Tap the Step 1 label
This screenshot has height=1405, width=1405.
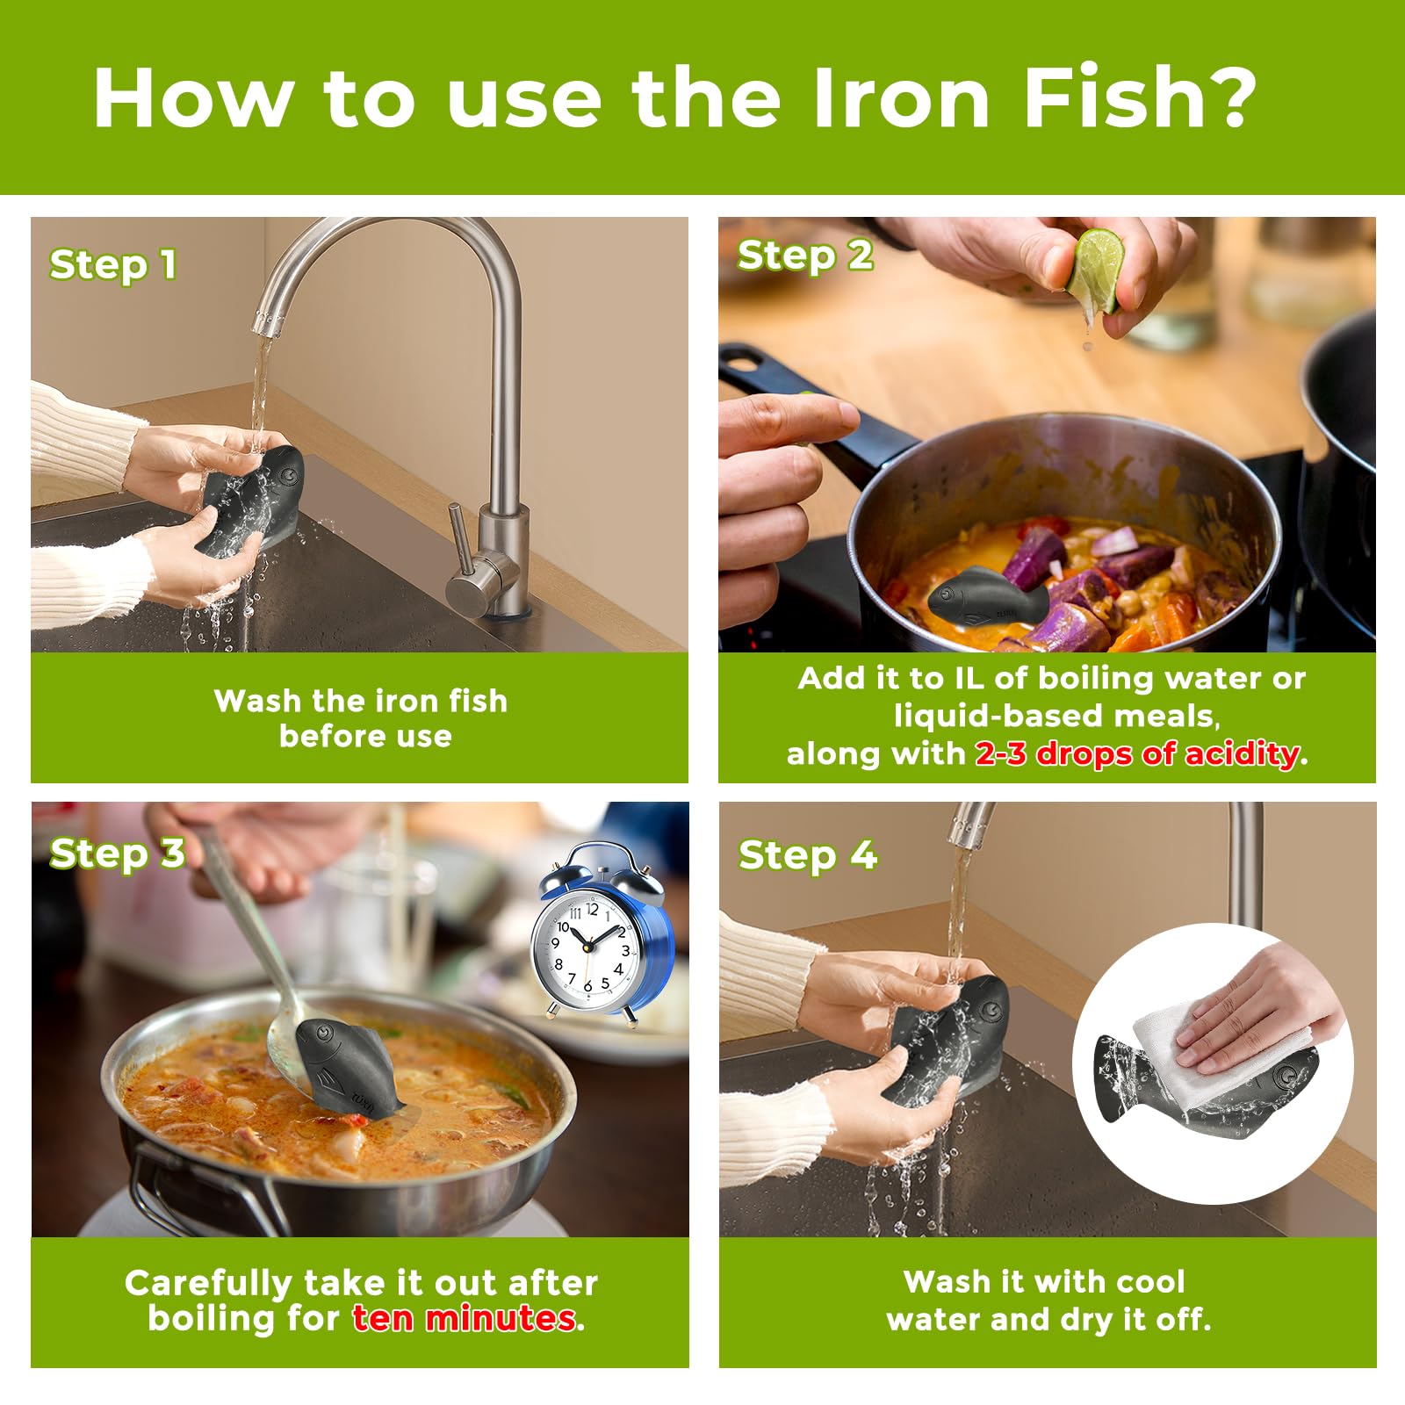pos(113,264)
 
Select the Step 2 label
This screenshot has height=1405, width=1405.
pos(804,256)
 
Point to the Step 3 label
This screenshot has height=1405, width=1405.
pos(117,853)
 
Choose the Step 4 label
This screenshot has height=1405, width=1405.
pos(807,854)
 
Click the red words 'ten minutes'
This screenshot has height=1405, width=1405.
pos(465,1318)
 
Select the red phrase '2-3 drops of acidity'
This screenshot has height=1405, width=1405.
pos(1137,753)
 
